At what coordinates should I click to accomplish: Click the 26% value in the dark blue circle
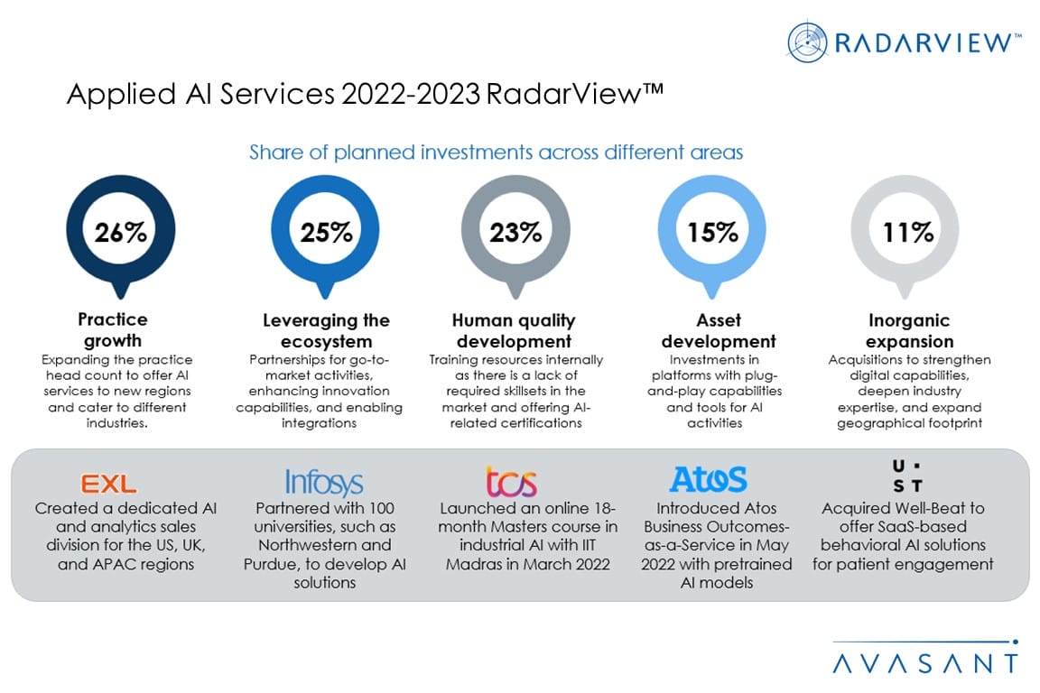[121, 233]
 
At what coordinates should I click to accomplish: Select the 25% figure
[326, 233]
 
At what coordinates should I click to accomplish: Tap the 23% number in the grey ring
[515, 233]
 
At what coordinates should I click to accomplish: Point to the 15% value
[712, 233]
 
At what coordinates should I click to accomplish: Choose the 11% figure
[907, 233]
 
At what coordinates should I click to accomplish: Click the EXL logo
[109, 485]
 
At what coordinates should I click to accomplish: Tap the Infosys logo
[324, 483]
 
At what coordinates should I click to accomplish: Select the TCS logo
[511, 482]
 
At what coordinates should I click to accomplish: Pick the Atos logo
[709, 479]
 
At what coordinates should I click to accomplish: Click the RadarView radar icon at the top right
[806, 42]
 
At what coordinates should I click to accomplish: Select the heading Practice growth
[113, 329]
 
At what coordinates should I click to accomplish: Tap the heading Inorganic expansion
[909, 331]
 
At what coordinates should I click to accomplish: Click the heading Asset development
[719, 331]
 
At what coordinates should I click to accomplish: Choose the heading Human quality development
[514, 331]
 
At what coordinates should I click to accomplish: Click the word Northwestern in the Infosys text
[313, 545]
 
